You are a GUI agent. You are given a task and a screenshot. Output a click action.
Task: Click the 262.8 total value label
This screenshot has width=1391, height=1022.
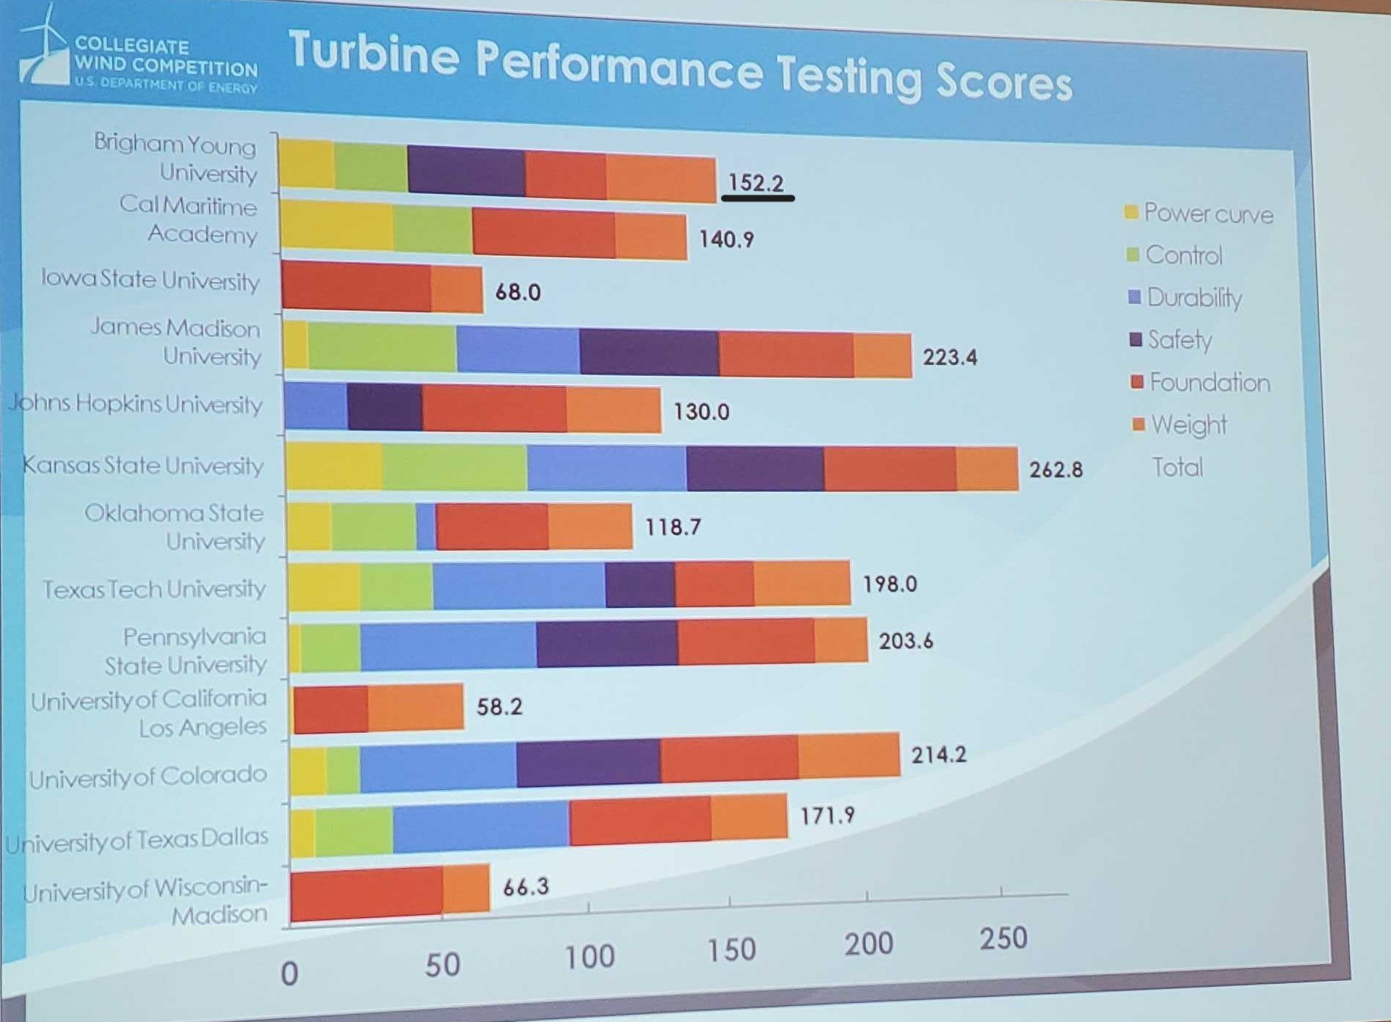1056,469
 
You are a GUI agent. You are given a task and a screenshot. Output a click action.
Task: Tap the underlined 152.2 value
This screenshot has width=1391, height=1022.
756,183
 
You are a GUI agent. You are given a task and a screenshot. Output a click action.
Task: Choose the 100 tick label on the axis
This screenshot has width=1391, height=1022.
589,957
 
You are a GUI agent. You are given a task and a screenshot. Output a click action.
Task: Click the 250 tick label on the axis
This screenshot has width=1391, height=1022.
1003,938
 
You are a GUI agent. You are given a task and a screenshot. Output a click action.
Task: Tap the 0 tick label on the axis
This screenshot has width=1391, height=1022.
290,974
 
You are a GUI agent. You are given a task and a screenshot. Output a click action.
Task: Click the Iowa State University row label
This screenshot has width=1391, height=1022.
150,280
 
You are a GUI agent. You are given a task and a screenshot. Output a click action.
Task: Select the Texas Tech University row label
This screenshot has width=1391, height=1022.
153,589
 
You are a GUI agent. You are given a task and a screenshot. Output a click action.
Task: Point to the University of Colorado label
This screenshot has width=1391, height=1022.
148,776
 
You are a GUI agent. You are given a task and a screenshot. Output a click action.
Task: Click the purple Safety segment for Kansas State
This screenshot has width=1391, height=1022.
755,468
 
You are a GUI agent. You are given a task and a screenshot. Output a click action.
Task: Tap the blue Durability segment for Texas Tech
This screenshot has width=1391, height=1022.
519,585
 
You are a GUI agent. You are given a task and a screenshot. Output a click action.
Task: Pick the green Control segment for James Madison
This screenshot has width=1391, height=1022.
382,347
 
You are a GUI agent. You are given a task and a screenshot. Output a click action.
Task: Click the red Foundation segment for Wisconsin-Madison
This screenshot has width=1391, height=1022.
366,893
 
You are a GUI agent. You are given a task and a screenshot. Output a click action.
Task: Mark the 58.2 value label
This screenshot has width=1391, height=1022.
499,706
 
